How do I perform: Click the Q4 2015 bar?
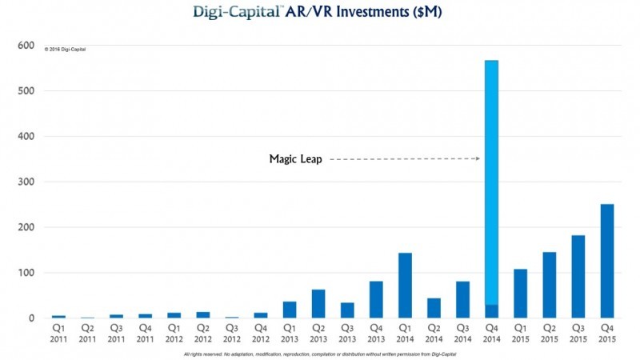607,261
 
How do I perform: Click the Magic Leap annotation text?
296,159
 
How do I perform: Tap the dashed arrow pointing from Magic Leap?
405,159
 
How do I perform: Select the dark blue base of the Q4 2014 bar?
491,311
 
